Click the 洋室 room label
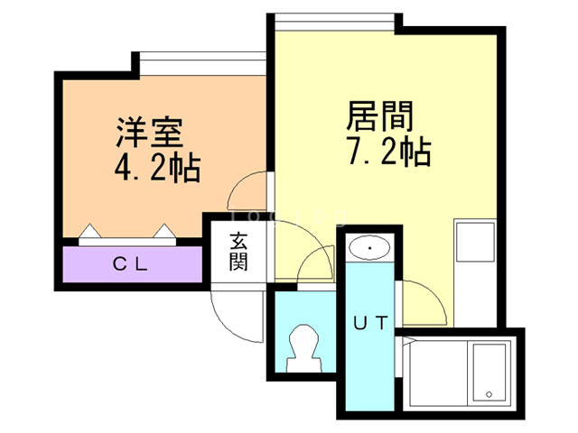(x=150, y=134)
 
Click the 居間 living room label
(x=380, y=117)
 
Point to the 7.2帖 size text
(x=387, y=152)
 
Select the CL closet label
(x=131, y=264)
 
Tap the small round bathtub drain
(x=489, y=394)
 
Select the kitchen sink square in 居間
(x=474, y=240)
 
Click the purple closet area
(x=132, y=264)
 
